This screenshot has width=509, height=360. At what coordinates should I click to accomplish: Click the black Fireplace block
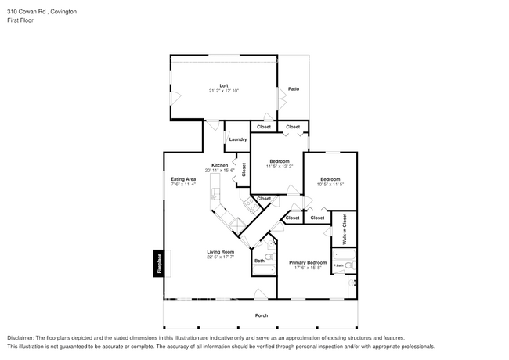pyautogui.click(x=159, y=264)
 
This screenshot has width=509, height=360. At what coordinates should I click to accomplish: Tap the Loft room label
pyautogui.click(x=224, y=85)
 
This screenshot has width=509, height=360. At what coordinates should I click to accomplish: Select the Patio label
pyautogui.click(x=294, y=89)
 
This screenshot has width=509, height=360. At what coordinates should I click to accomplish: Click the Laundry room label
pyautogui.click(x=238, y=139)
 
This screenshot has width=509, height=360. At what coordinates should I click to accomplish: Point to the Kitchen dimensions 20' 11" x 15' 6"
pyautogui.click(x=219, y=171)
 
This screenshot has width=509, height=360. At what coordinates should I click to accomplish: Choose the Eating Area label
pyautogui.click(x=183, y=179)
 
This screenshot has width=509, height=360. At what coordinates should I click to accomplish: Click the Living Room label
pyautogui.click(x=220, y=252)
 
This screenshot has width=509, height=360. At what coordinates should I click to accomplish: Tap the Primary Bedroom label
pyautogui.click(x=308, y=262)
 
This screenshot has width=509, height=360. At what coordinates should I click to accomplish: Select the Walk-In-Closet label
pyautogui.click(x=345, y=229)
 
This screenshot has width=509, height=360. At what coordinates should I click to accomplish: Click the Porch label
pyautogui.click(x=262, y=315)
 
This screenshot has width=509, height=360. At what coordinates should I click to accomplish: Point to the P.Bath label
pyautogui.click(x=338, y=265)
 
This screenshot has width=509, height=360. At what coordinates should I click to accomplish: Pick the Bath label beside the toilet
pyautogui.click(x=259, y=261)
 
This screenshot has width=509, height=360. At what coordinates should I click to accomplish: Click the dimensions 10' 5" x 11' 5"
pyautogui.click(x=330, y=184)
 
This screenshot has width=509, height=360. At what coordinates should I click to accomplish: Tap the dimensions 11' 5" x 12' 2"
pyautogui.click(x=280, y=167)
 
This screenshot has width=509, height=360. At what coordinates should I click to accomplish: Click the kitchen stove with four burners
pyautogui.click(x=251, y=204)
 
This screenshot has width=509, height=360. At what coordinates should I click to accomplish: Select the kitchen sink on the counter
pyautogui.click(x=215, y=194)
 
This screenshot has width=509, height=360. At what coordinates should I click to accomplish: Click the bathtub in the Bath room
pyautogui.click(x=264, y=270)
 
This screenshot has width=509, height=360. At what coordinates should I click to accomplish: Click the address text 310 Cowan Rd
pyautogui.click(x=27, y=12)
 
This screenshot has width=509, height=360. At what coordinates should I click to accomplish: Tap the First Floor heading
pyautogui.click(x=20, y=20)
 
